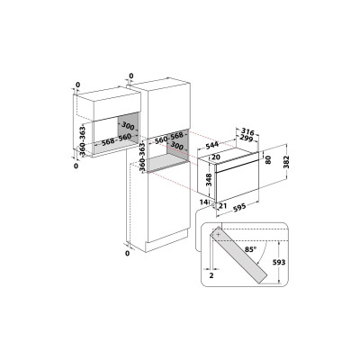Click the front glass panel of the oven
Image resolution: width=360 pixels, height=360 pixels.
point(238,184)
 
